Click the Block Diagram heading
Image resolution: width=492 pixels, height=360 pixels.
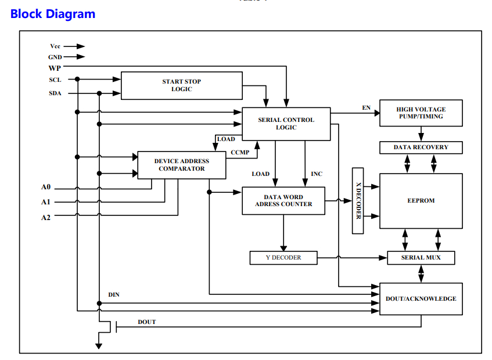[x=53, y=14]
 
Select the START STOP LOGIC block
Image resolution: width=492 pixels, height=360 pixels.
[x=182, y=85]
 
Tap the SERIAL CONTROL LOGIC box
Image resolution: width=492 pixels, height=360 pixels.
[x=286, y=124]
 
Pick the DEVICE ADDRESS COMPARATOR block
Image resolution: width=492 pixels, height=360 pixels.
[x=182, y=165]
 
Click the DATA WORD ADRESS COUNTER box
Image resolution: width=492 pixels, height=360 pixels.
[x=283, y=201]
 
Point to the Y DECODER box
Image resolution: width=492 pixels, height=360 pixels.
[x=283, y=258]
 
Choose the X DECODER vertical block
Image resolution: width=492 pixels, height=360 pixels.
[x=358, y=201]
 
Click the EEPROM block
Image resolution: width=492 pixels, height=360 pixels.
[x=421, y=201]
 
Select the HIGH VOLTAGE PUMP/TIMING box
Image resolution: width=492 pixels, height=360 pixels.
[x=421, y=113]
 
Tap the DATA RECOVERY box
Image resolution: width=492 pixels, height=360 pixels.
[x=421, y=147]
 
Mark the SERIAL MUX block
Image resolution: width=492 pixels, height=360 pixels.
[x=421, y=258]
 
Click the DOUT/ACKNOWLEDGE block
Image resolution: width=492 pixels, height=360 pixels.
[x=421, y=299]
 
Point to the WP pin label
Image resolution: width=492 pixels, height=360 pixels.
[x=55, y=68]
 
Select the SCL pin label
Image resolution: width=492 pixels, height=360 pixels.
[x=55, y=80]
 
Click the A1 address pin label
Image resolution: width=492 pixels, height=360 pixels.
[x=46, y=202]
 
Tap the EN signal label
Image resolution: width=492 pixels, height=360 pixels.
[x=367, y=108]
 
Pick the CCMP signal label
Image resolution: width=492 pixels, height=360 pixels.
[x=240, y=152]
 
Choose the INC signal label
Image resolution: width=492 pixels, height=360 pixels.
[x=317, y=174]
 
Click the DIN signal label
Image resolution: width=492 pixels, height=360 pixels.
[x=114, y=295]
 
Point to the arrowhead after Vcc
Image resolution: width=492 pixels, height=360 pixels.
[x=81, y=46]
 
